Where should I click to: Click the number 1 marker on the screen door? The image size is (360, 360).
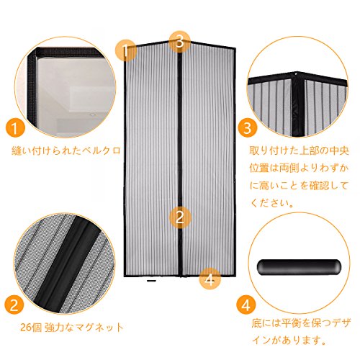click(126, 50)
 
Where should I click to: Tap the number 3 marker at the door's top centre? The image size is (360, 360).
click(180, 42)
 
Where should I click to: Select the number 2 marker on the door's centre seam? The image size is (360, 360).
click(180, 217)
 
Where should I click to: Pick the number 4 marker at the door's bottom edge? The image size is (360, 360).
click(210, 279)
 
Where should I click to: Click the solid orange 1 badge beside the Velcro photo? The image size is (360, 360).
click(15, 128)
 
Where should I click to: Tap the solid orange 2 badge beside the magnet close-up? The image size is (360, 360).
click(14, 305)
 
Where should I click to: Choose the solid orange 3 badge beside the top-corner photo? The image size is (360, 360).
click(248, 127)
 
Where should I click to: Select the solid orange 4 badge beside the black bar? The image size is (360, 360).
click(246, 305)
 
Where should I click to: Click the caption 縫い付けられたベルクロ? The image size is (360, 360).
click(66, 150)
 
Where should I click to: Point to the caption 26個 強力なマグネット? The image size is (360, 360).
click(72, 328)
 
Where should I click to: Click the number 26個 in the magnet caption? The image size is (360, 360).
click(31, 328)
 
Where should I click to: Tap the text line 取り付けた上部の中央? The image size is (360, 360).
click(299, 150)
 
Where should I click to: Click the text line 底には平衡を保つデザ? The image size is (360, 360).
click(301, 323)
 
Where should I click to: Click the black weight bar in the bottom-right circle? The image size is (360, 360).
click(299, 266)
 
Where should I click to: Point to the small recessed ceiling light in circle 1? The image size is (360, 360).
click(91, 115)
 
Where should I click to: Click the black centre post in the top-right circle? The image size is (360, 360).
click(299, 104)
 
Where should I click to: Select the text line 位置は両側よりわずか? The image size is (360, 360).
click(299, 168)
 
